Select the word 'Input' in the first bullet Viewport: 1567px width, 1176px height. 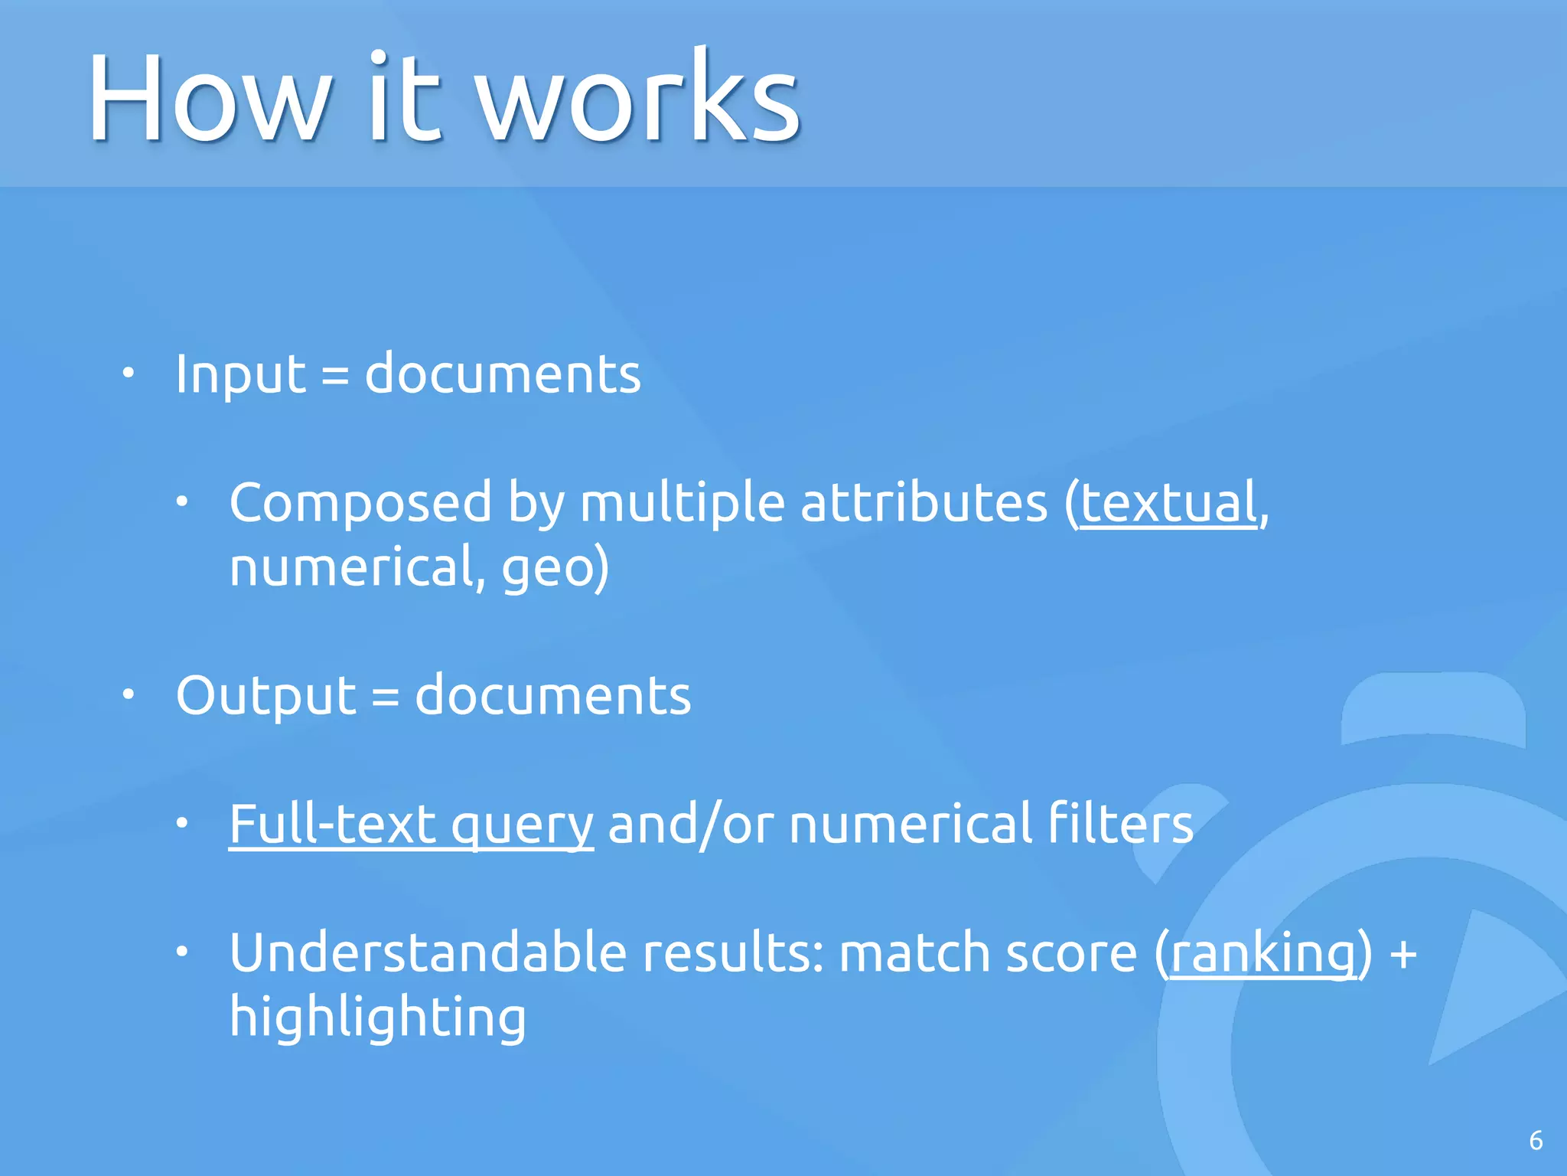pyautogui.click(x=240, y=375)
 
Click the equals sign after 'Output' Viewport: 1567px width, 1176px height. pyautogui.click(x=385, y=697)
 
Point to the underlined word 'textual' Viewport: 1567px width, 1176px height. pyautogui.click(x=1168, y=504)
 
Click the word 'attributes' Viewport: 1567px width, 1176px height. pyautogui.click(x=924, y=504)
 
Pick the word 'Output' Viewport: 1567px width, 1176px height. pyautogui.click(x=266, y=697)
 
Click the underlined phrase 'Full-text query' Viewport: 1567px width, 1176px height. pyautogui.click(x=411, y=825)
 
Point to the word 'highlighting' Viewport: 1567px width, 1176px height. pyautogui.click(x=378, y=1018)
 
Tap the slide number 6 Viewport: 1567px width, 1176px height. pyautogui.click(x=1535, y=1141)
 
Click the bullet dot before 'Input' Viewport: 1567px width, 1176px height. pyautogui.click(x=129, y=374)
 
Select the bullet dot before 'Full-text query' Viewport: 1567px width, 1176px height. pyautogui.click(x=182, y=824)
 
